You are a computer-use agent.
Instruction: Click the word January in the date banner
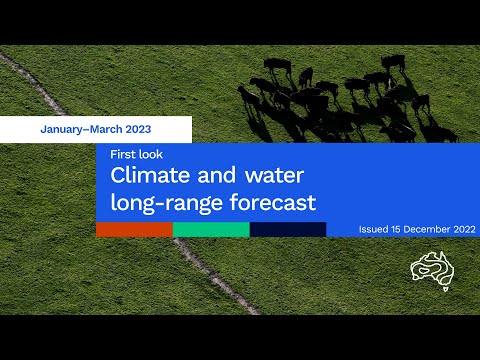click(x=61, y=129)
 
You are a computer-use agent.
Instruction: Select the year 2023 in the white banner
click(x=138, y=129)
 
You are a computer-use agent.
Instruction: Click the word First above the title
click(x=122, y=154)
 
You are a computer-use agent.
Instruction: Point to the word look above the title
click(x=151, y=154)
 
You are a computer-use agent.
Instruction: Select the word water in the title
click(x=274, y=176)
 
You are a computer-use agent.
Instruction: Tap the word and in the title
click(x=217, y=175)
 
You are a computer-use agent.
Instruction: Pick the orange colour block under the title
click(x=134, y=230)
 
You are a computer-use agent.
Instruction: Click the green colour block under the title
click(x=211, y=230)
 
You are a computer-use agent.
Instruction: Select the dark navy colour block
click(x=288, y=230)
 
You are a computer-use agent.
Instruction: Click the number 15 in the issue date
click(x=396, y=229)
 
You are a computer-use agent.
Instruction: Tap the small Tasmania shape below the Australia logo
click(x=446, y=289)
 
